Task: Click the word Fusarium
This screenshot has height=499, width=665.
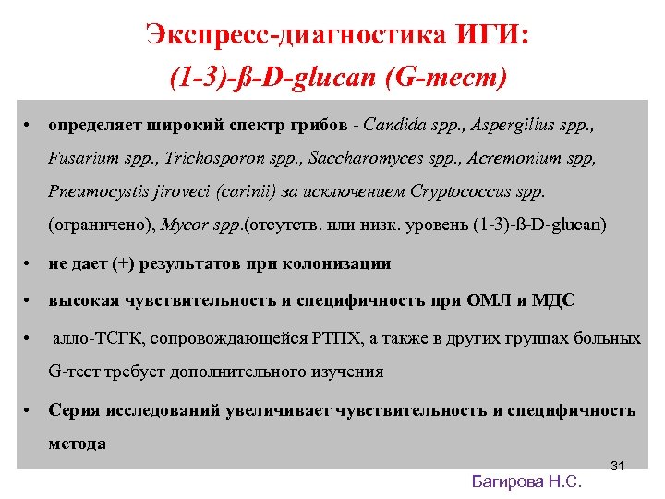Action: pos(84,158)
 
